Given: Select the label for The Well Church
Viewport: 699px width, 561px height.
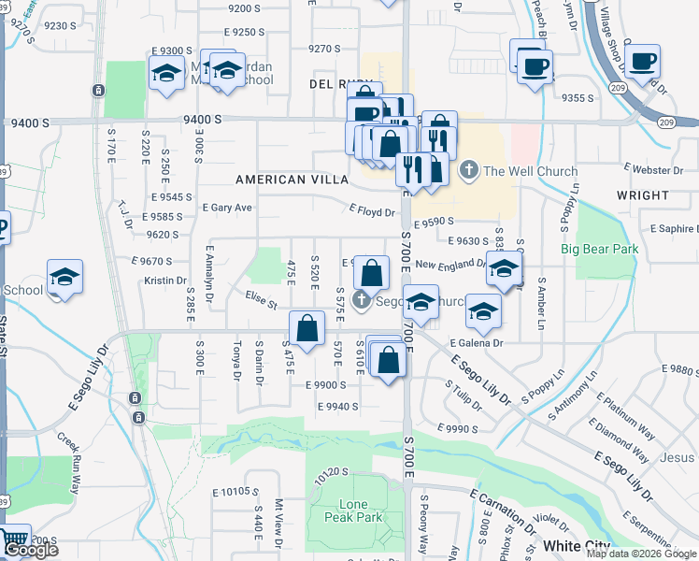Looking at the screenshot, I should tap(530, 171).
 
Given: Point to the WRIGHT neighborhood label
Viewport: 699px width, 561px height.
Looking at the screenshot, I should tap(643, 195).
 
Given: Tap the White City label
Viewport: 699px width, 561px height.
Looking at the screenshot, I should tap(577, 546).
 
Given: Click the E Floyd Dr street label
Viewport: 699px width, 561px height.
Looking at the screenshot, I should tap(371, 212).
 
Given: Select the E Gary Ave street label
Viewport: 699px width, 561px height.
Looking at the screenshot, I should tap(226, 208).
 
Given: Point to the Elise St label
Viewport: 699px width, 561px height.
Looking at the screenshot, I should tap(261, 300).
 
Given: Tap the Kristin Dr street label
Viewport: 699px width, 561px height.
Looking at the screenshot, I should tap(165, 280).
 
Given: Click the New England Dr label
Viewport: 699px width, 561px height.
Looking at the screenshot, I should tap(451, 265).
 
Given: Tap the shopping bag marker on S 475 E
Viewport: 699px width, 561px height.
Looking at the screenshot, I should tap(307, 328).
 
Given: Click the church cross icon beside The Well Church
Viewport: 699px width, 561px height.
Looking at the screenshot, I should tap(468, 171).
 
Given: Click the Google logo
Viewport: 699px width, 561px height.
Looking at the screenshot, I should tap(31, 551).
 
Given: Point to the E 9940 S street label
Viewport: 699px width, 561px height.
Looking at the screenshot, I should tap(337, 406).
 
